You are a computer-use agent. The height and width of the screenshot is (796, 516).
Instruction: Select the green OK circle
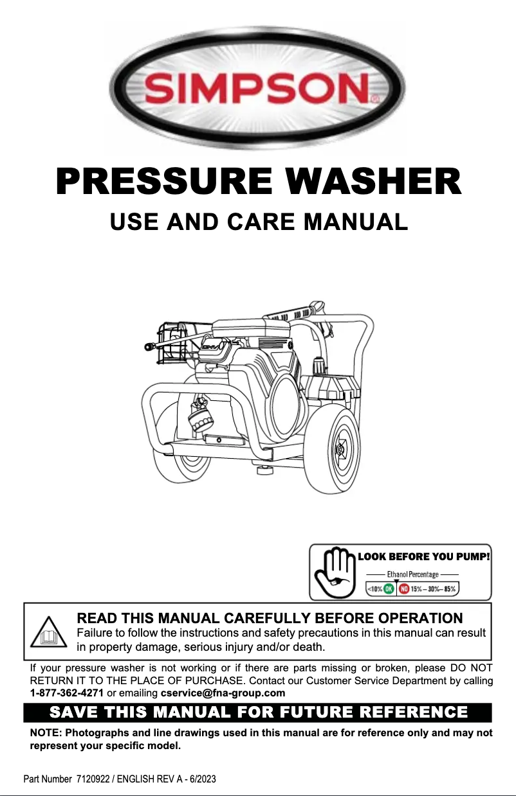pyautogui.click(x=389, y=588)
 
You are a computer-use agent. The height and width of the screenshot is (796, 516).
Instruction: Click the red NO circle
pyautogui.click(x=404, y=588)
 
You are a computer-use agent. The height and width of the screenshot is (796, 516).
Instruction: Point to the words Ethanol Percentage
pyautogui.click(x=412, y=574)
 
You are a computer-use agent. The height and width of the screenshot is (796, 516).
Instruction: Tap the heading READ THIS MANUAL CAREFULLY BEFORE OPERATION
pyautogui.click(x=269, y=618)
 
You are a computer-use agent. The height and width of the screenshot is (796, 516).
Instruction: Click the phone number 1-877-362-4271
pyautogui.click(x=67, y=693)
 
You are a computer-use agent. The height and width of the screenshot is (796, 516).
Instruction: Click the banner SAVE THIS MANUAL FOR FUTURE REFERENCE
pyautogui.click(x=258, y=712)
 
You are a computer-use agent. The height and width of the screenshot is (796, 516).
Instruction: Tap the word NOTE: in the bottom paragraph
pyautogui.click(x=46, y=733)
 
